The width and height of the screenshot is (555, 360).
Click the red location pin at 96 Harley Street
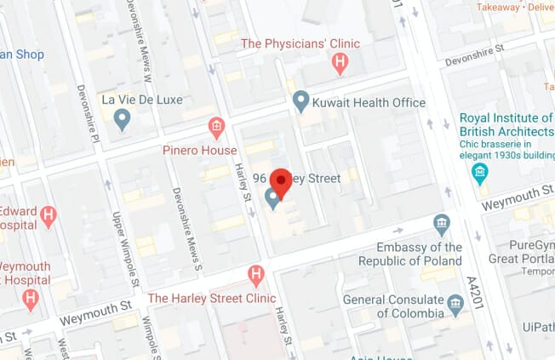pos(281,182)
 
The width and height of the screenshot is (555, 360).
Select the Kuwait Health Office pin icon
pos(300,102)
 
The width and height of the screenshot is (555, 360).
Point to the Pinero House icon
pos(217,128)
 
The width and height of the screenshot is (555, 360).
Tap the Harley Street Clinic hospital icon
pos(255,275)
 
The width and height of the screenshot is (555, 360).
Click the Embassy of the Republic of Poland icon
pos(441,225)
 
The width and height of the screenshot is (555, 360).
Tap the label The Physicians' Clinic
pos(300,43)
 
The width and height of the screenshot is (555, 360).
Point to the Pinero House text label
pos(200,151)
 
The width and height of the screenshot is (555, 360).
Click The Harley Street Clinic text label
pos(212,298)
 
